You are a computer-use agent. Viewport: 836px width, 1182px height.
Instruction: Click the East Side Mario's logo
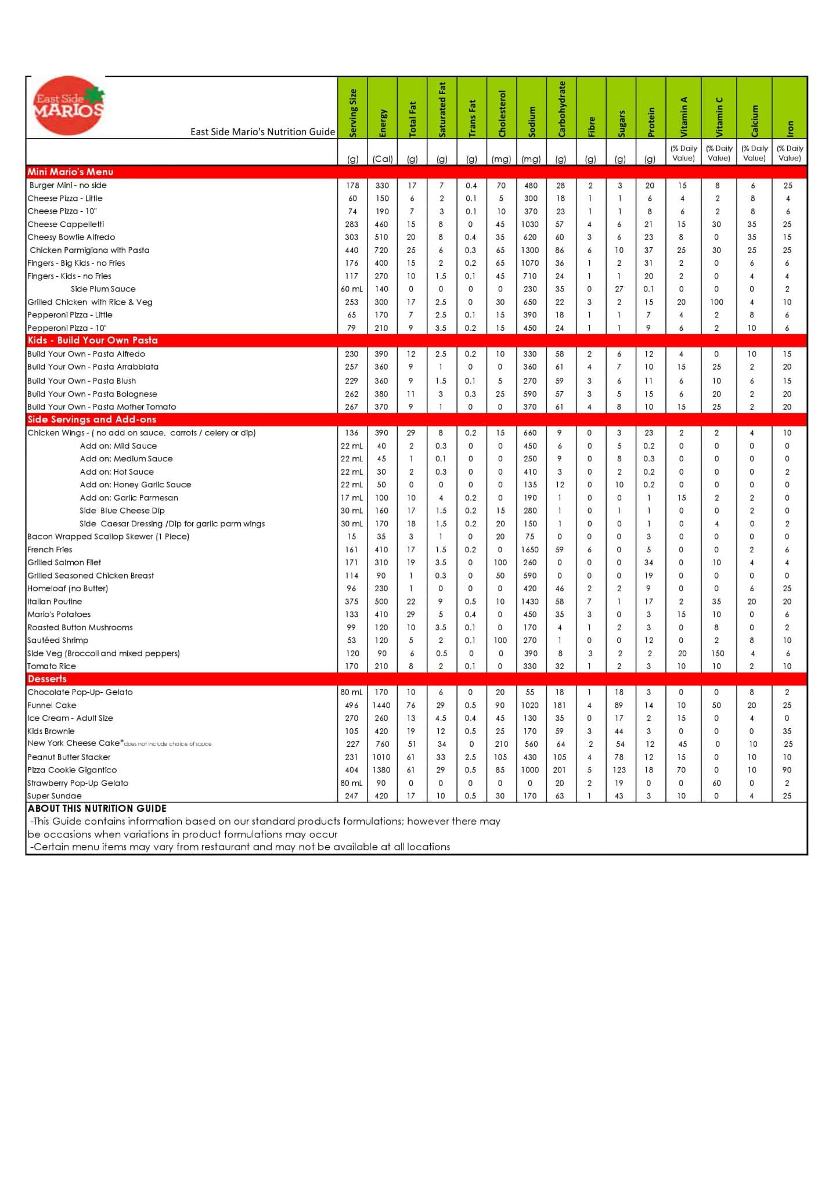click(x=69, y=106)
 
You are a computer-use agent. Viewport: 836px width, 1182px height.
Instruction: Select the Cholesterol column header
click(x=502, y=114)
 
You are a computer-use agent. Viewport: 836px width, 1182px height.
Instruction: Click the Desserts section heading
click(x=47, y=679)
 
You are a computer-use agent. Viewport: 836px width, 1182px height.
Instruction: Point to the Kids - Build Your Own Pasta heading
click(x=92, y=340)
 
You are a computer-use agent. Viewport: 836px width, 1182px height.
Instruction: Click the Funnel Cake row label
click(x=52, y=705)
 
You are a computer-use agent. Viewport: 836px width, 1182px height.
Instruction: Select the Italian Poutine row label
click(x=55, y=601)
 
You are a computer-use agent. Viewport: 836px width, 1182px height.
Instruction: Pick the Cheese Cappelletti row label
click(x=66, y=224)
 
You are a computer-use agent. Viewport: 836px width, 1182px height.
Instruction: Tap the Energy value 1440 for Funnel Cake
click(x=381, y=705)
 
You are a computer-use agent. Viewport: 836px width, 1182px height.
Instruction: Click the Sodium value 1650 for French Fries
click(x=530, y=550)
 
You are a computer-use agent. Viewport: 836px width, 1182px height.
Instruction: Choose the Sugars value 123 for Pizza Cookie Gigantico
click(x=619, y=770)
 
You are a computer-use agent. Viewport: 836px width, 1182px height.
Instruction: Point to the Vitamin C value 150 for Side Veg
click(x=718, y=653)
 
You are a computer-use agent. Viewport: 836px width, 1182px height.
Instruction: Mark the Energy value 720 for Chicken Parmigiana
click(x=381, y=250)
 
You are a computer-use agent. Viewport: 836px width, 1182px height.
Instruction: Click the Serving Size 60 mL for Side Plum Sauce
click(x=352, y=289)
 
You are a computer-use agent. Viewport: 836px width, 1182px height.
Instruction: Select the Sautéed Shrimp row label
click(x=57, y=640)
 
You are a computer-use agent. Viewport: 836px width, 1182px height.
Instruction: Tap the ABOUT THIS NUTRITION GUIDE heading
click(x=97, y=808)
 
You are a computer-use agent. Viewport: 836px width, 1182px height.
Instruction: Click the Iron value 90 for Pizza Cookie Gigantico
click(x=787, y=770)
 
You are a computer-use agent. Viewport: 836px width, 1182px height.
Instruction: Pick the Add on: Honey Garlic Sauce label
click(x=135, y=485)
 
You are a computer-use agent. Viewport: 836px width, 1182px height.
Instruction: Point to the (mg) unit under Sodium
click(x=531, y=159)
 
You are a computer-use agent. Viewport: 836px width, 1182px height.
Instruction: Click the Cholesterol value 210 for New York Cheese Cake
click(x=501, y=744)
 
